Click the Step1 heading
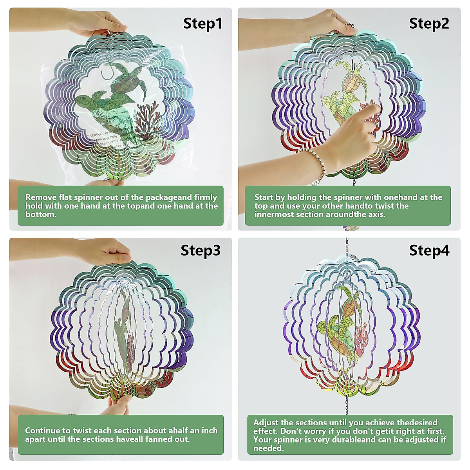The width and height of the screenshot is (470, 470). (x=202, y=23)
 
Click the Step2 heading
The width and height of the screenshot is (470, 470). (x=429, y=23)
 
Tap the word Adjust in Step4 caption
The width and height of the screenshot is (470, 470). (x=266, y=423)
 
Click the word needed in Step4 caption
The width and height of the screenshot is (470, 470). (x=268, y=448)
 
